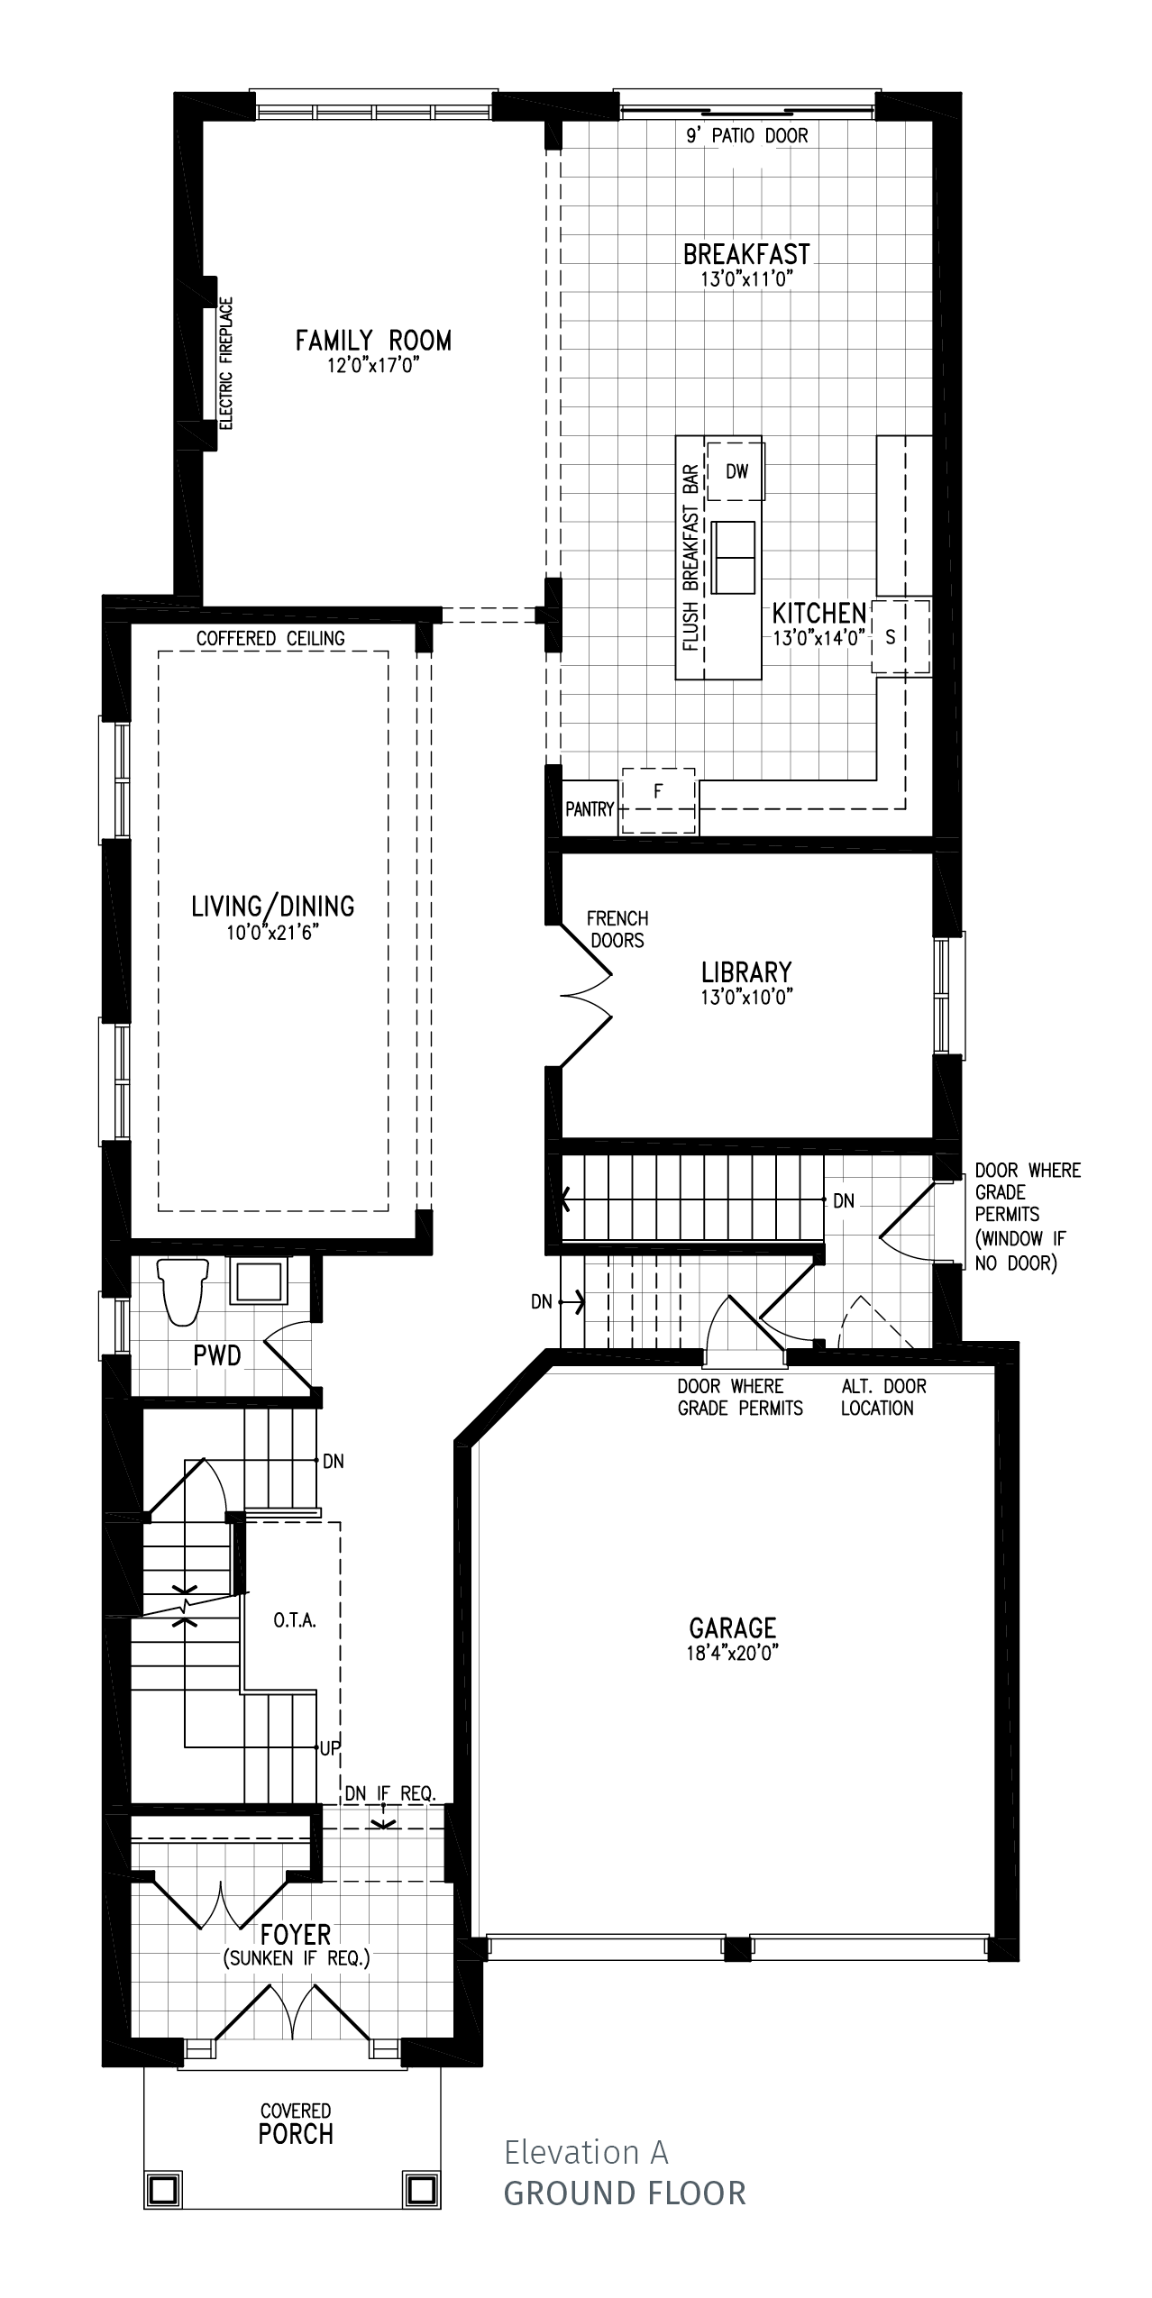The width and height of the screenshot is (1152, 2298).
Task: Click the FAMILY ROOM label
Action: pos(373,340)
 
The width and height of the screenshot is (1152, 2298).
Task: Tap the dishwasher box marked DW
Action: pos(736,471)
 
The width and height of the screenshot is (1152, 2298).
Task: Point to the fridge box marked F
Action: pos(659,800)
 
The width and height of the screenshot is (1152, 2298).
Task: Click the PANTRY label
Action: pos(590,809)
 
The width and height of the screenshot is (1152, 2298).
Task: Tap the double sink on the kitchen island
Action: pos(733,557)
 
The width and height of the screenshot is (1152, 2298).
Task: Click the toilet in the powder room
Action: pos(183,1291)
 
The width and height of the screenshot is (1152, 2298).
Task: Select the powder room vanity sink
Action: pos(258,1282)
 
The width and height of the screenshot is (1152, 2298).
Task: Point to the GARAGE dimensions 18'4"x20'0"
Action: pos(732,1653)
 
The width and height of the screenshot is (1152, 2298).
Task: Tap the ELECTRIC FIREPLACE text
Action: pos(226,363)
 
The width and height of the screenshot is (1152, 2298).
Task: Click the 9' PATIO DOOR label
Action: pos(747,136)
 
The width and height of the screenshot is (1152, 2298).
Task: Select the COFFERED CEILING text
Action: pos(270,638)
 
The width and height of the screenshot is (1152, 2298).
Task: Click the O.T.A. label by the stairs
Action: pos(295,1621)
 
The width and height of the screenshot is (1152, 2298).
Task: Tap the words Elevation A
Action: pos(586,2152)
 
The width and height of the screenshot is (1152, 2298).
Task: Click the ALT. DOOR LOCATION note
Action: pos(883,1397)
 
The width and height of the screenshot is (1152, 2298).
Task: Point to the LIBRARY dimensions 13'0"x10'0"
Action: pos(746,997)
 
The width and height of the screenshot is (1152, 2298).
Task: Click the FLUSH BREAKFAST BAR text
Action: pos(691,557)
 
